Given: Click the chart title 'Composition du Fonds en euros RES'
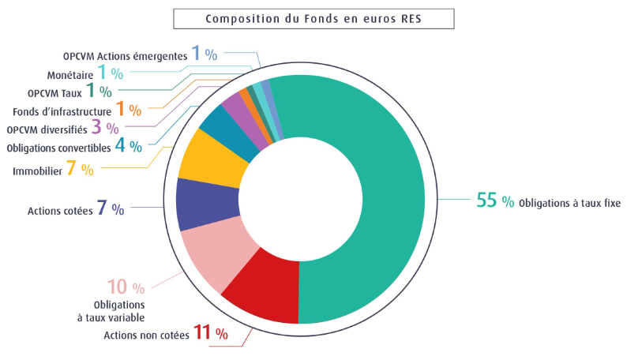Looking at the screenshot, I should pyautogui.click(x=313, y=18).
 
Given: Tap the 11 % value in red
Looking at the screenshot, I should pyautogui.click(x=211, y=334).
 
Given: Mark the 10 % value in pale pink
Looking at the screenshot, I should pyautogui.click(x=126, y=287).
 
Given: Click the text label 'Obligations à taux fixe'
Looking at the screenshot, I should pyautogui.click(x=569, y=203).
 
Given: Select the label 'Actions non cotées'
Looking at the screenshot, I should pyautogui.click(x=147, y=336).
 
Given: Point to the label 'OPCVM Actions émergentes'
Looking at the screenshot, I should pyautogui.click(x=125, y=56).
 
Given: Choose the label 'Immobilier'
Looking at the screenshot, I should pyautogui.click(x=37, y=170).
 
